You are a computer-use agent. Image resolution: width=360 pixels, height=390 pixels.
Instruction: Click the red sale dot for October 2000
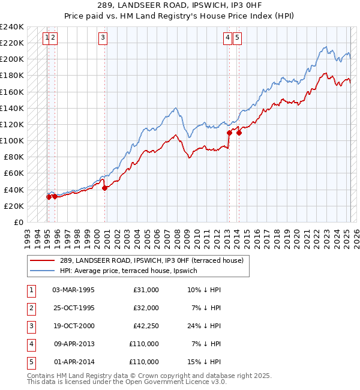pyautogui.click(x=104, y=188)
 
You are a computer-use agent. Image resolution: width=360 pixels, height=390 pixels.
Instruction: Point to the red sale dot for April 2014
pyautogui.click(x=239, y=133)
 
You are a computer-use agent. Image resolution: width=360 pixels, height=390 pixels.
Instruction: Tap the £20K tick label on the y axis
pyautogui.click(x=13, y=206)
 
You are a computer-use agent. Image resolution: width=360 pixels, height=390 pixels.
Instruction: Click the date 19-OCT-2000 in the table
pyautogui.click(x=73, y=326)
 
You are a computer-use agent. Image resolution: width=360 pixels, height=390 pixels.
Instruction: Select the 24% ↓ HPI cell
pyautogui.click(x=204, y=326)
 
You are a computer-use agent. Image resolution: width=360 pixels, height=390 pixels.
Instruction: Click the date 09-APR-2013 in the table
pyautogui.click(x=73, y=344)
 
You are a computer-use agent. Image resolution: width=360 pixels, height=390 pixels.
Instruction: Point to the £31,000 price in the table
pyautogui.click(x=146, y=290)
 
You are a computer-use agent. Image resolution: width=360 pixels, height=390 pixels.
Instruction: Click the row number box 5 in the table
pyautogui.click(x=30, y=362)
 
